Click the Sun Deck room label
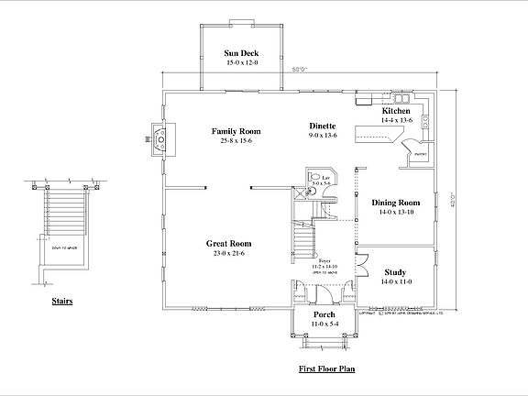(242, 54)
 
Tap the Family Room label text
(236, 131)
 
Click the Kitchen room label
(396, 111)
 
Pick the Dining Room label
(395, 202)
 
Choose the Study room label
(396, 272)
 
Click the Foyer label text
(324, 261)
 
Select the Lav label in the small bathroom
(315, 176)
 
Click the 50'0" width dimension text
(299, 69)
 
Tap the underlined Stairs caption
(62, 300)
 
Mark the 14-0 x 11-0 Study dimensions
(396, 281)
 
